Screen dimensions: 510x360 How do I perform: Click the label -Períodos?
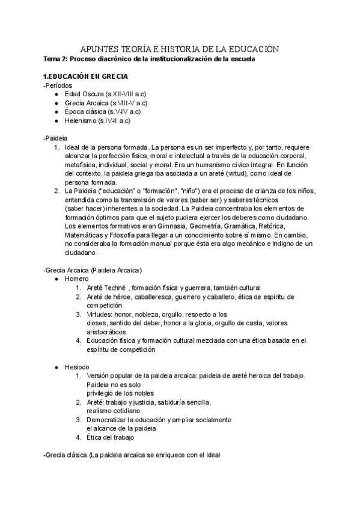pos(58,86)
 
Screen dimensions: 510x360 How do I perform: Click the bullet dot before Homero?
pos(56,279)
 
